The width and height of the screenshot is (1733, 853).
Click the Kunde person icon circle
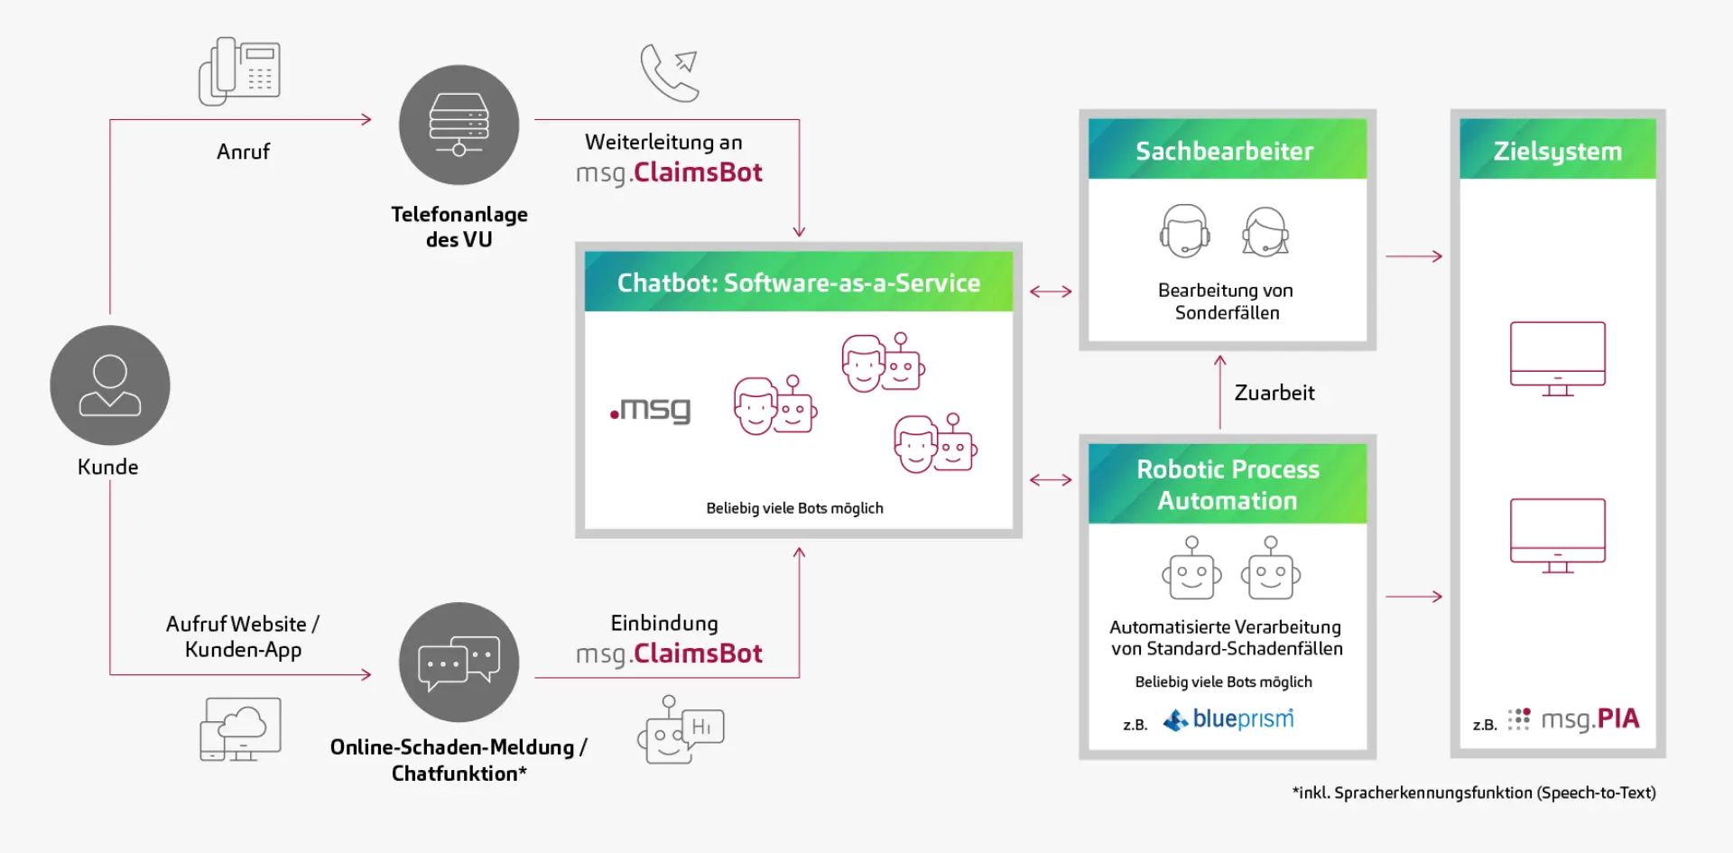pos(109,385)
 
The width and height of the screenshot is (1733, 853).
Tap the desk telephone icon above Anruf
pos(239,71)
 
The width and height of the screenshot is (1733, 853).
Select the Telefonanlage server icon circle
pos(459,125)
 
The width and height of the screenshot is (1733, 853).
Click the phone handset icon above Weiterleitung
pos(669,72)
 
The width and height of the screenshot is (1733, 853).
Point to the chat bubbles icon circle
pos(459,662)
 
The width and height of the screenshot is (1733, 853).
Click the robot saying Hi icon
pos(680,730)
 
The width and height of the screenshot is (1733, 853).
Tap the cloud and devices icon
pos(240,728)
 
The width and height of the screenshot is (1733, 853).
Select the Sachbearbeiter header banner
pos(1227,150)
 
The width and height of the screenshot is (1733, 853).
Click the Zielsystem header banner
pos(1557,150)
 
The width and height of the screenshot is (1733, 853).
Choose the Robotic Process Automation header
pos(1227,485)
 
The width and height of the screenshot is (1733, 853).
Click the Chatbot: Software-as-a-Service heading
pos(798,283)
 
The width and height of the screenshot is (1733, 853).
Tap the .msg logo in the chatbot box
pos(650,410)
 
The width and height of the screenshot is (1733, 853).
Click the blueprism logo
pos(1229,719)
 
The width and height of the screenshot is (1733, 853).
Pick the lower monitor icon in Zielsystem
pos(1557,535)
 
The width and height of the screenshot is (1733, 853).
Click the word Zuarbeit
pos(1274,393)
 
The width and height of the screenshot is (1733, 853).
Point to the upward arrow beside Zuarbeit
pos(1219,392)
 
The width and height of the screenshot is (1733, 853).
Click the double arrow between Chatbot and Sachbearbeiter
pos(1051,292)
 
